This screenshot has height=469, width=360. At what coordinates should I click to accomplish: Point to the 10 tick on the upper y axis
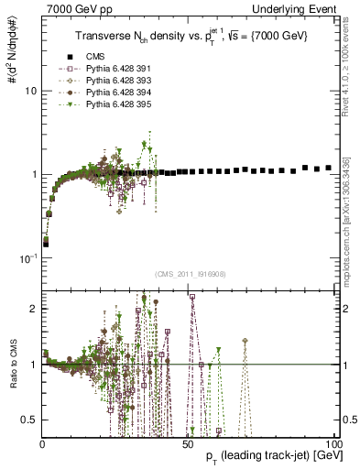pyautogui.click(x=29, y=92)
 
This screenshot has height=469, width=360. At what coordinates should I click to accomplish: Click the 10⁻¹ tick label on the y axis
pyautogui.click(x=27, y=257)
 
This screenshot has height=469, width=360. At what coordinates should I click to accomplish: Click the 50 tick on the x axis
pyautogui.click(x=186, y=442)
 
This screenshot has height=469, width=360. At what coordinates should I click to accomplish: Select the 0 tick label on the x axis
pyautogui.click(x=42, y=442)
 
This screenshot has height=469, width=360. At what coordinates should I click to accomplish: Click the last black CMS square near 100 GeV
pyautogui.click(x=328, y=169)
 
